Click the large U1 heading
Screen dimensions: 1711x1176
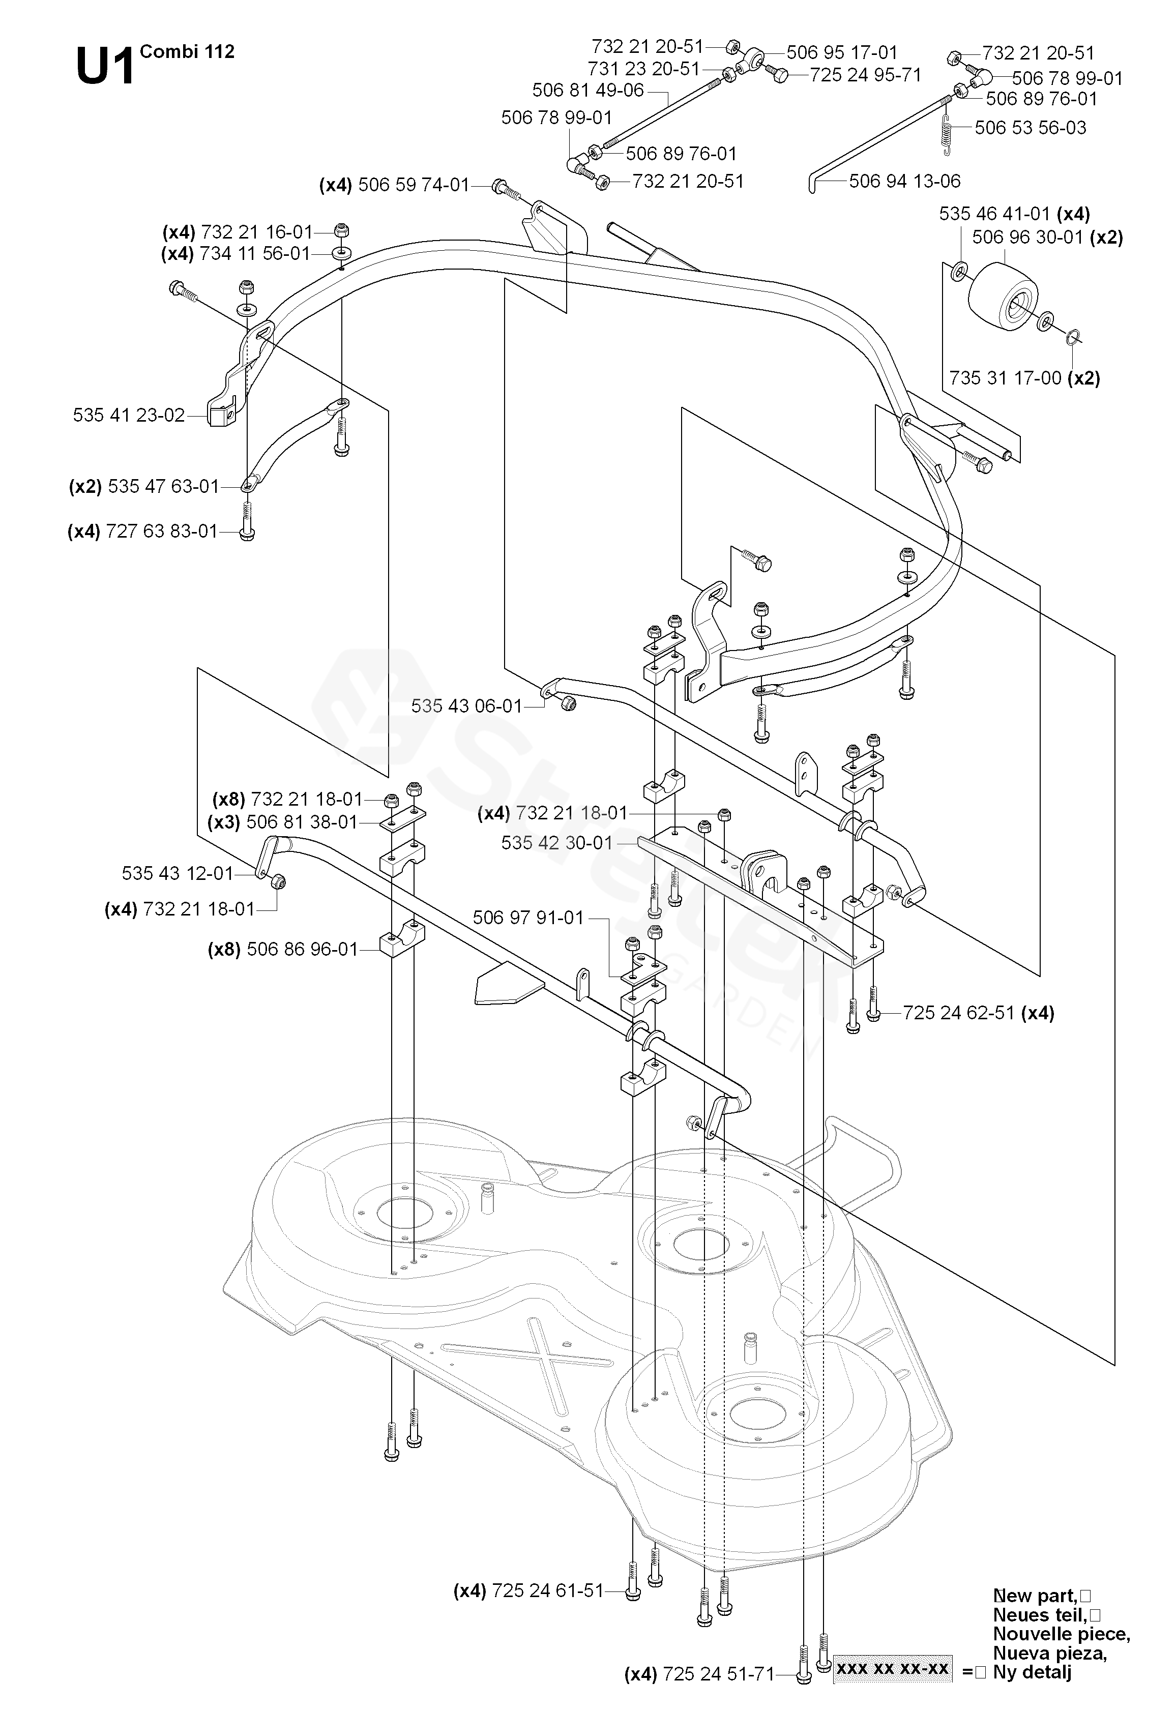point(105,66)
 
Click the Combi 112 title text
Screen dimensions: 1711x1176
point(187,51)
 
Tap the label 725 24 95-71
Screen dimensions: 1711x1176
point(865,75)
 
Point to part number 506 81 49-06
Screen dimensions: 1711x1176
point(587,91)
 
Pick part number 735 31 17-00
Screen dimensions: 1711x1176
point(1005,378)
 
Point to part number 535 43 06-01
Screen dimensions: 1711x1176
point(466,706)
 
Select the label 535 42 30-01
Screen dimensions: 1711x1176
point(556,843)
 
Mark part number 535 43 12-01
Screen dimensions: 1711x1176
point(177,874)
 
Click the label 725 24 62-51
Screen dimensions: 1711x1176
point(959,1013)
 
